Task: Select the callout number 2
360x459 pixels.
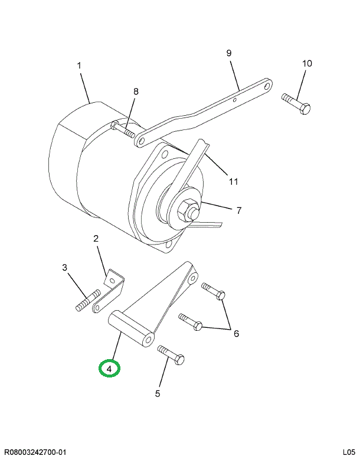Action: (x=96, y=239)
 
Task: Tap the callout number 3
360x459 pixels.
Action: (x=65, y=268)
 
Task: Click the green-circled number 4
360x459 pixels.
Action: (x=109, y=369)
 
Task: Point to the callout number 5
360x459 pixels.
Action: (x=158, y=393)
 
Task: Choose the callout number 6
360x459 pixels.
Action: (x=236, y=334)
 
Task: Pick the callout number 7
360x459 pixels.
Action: (x=238, y=210)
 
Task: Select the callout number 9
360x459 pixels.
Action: (x=229, y=54)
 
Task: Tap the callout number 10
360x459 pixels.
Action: (x=307, y=63)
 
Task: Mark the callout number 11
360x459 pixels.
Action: (x=234, y=181)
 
